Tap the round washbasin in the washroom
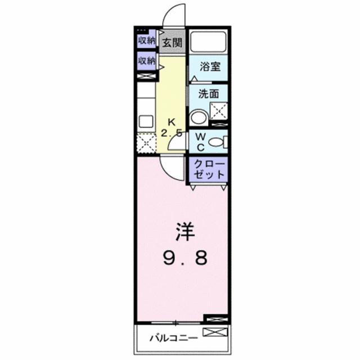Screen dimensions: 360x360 pyautogui.click(x=198, y=117)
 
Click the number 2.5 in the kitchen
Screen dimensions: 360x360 pyautogui.click(x=172, y=133)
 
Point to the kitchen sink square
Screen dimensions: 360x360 pyautogui.click(x=146, y=121)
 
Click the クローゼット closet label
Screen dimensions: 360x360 pyautogui.click(x=209, y=169)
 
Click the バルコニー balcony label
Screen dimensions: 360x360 pyautogui.click(x=173, y=339)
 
